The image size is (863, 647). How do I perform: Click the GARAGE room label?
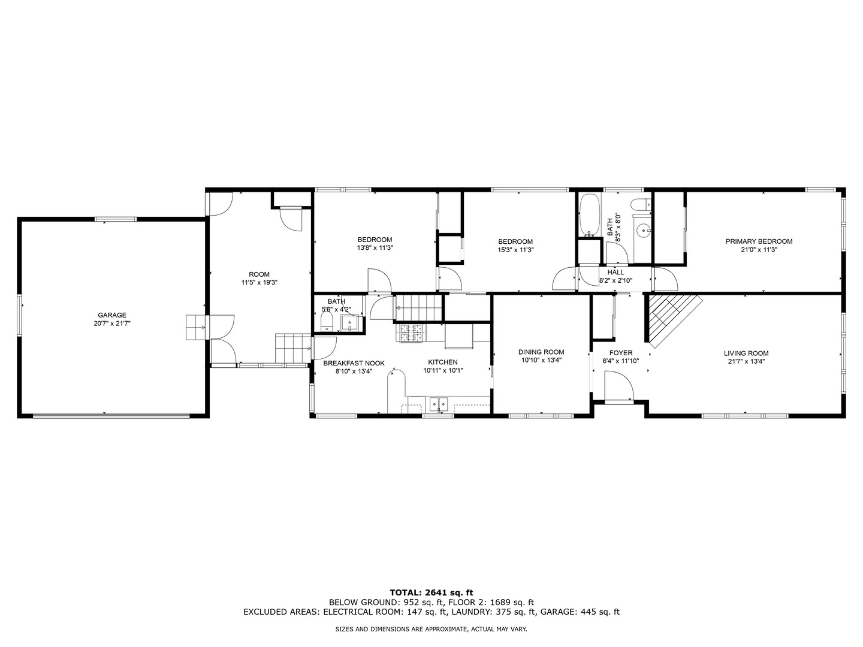112,315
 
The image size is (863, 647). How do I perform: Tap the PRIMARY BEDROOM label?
759,241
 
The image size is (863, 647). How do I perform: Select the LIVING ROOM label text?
746,353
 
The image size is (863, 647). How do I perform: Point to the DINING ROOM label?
541,352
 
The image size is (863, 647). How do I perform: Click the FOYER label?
621,353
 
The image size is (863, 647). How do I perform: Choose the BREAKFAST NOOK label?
354,364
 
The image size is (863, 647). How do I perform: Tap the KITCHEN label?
443,362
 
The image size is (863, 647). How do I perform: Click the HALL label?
615,272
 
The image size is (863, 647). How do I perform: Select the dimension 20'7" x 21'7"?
112,323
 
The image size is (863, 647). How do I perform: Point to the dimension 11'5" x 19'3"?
259,282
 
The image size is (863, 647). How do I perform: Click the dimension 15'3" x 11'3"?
515,250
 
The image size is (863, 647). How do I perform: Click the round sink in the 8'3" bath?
643,229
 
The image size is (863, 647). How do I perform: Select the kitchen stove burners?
411,333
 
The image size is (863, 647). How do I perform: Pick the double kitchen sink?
438,403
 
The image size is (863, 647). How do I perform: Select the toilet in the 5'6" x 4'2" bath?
327,323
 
